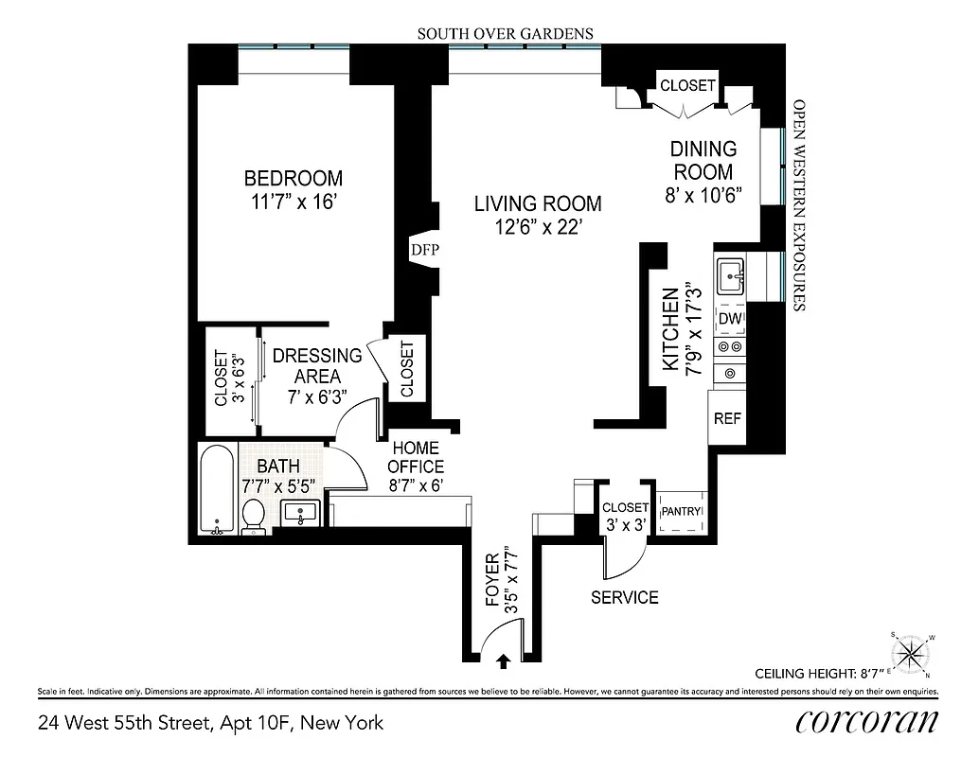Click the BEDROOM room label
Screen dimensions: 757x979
pos(294,178)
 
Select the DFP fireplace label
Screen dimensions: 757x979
pos(421,250)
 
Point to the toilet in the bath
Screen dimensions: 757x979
pos(253,516)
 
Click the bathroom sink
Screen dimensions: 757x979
pos(301,514)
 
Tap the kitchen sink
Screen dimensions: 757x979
pos(730,277)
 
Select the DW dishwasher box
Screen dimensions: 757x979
pos(730,320)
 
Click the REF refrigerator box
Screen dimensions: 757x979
pos(726,418)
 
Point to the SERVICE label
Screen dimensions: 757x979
pos(624,597)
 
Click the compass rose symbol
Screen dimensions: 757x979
pos(912,652)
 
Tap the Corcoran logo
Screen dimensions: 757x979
pos(867,721)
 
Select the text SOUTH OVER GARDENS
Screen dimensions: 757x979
pos(506,33)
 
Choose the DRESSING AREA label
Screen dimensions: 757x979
pos(317,366)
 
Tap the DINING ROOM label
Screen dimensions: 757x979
pos(703,161)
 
